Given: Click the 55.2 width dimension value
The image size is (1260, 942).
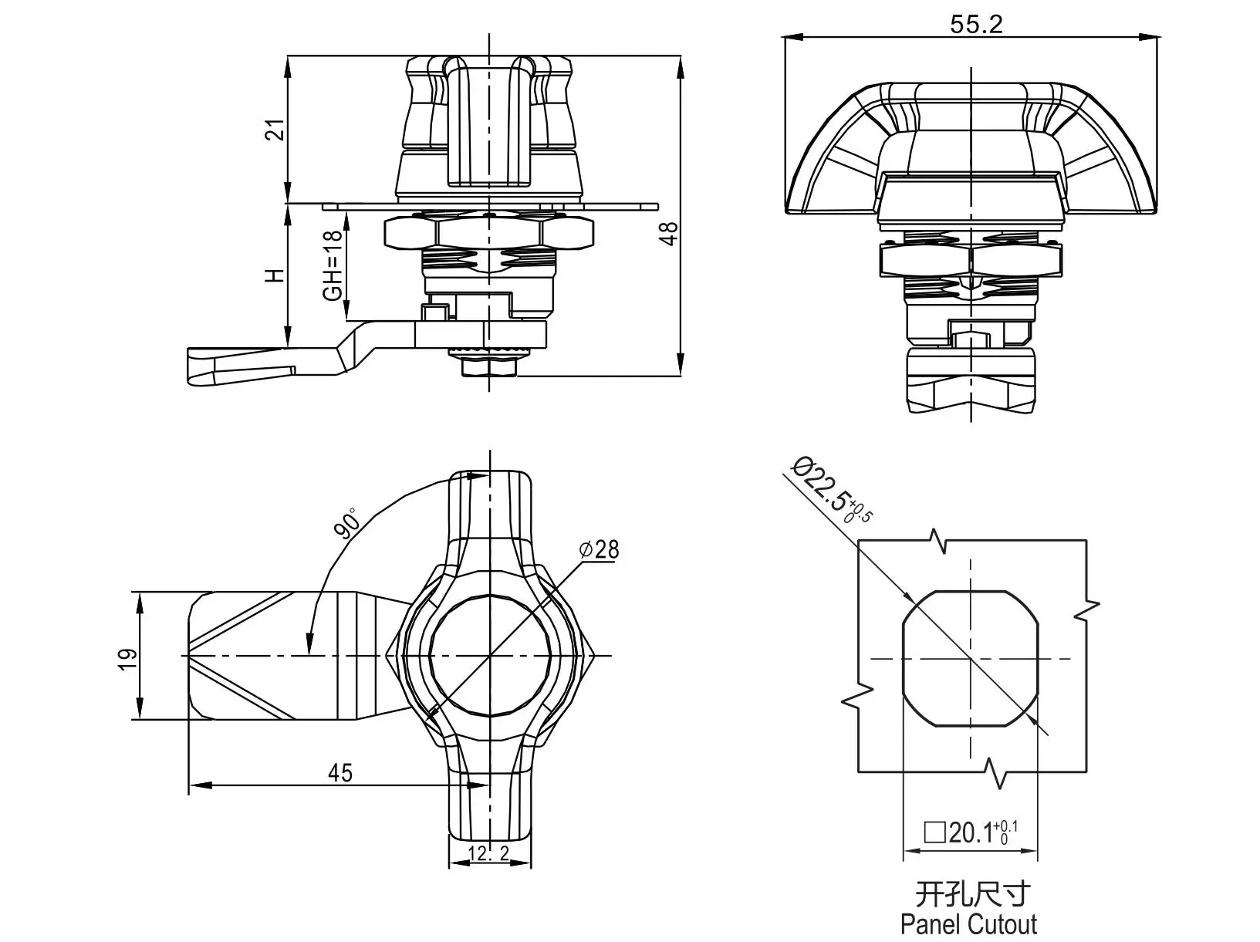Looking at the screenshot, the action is pos(976,24).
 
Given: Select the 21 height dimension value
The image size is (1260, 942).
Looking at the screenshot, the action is pos(277,130).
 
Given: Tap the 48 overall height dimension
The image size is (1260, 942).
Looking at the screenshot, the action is pos(669,234).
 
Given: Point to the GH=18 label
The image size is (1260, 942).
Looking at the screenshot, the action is pos(333,265).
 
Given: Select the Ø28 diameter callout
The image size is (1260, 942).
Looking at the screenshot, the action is pos(600,549).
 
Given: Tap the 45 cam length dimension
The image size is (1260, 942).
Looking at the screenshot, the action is pos(339,773).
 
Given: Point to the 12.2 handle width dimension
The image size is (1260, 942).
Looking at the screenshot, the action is pos(488,853).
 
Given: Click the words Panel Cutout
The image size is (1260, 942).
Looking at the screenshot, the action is pos(969,924).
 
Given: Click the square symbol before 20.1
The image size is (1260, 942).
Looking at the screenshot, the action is pos(935,833).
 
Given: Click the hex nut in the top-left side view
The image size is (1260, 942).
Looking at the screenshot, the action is pos(488,231).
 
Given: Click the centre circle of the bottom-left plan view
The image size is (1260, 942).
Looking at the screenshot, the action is pos(490,655).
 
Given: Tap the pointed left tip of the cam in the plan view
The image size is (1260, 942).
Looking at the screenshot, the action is pos(183,655).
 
